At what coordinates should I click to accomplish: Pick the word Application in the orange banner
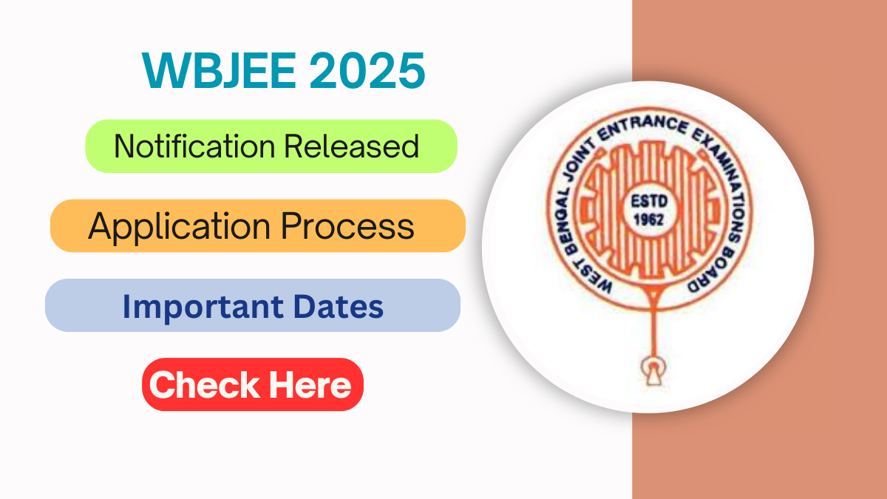177,226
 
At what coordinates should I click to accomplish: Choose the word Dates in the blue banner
341,306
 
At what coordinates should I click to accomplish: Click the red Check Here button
252,384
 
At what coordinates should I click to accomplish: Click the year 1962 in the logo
647,220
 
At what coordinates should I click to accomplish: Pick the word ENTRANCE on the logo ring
650,119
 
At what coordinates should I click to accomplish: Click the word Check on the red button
204,384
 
